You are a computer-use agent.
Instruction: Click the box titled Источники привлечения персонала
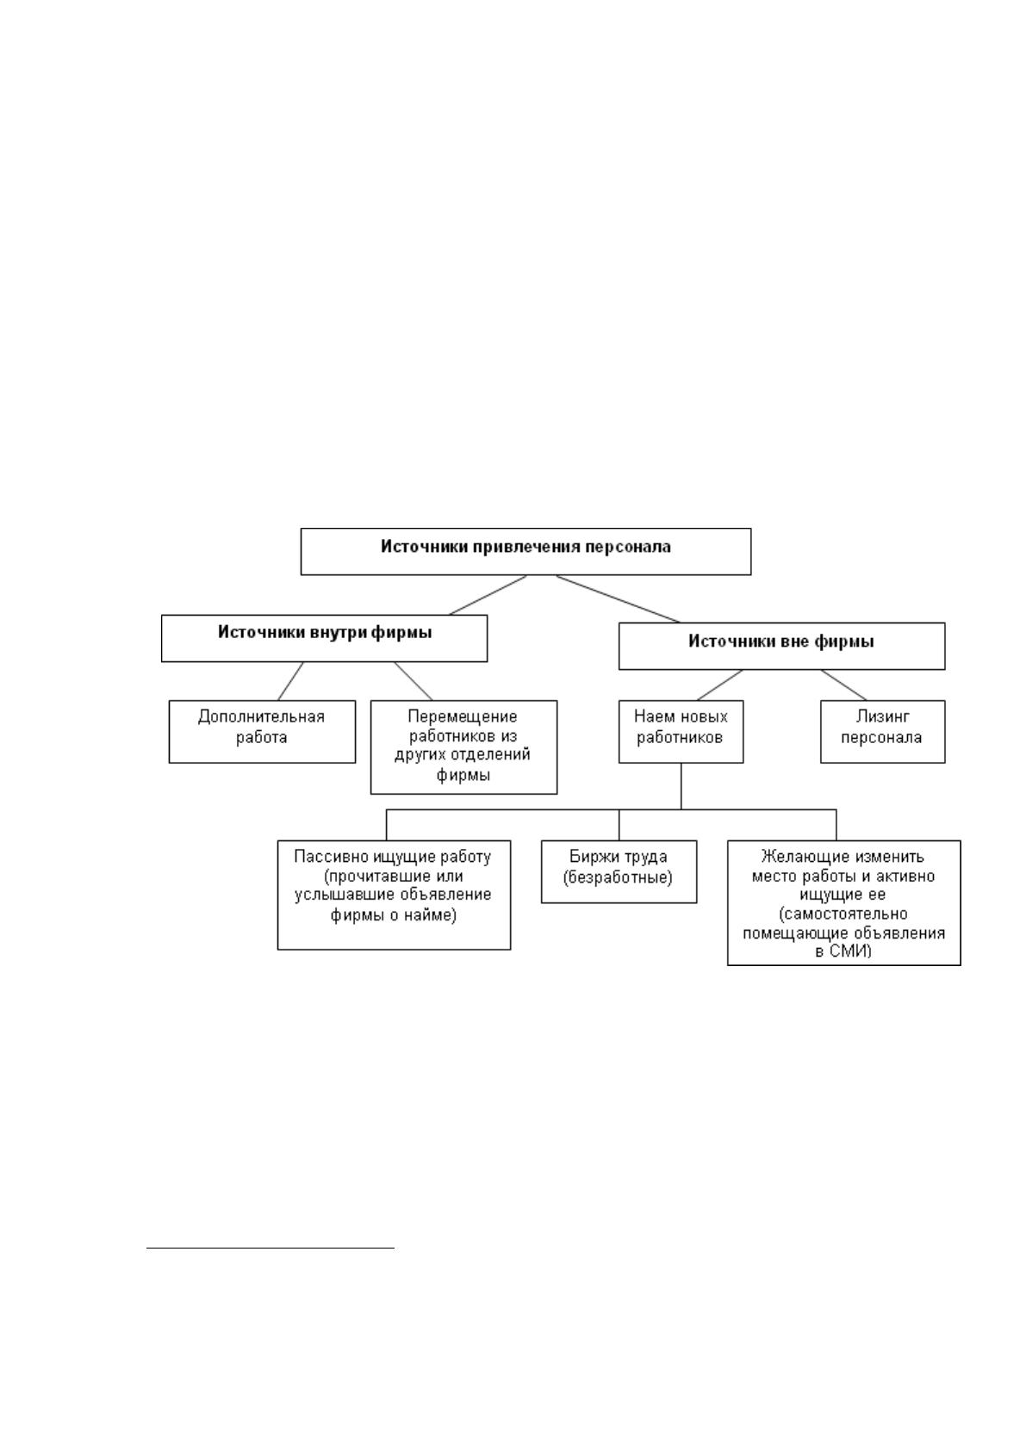[525, 551]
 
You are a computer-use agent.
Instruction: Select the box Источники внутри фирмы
[324, 638]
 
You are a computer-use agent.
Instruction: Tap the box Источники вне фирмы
[782, 646]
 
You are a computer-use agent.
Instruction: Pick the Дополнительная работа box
[262, 731]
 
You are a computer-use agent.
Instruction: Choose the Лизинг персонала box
[882, 731]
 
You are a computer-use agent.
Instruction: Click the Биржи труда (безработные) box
[619, 871]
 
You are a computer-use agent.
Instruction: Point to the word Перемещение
[463, 716]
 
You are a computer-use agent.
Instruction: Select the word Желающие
[800, 857]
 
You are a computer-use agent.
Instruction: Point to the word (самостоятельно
[843, 914]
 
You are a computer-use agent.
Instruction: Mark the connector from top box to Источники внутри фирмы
[488, 595]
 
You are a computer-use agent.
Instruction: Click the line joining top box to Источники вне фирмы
[618, 598]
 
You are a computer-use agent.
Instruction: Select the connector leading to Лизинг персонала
[843, 685]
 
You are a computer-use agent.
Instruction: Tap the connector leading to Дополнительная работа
[291, 681]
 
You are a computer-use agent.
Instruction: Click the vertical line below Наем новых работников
[681, 786]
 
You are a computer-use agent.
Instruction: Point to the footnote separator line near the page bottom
[270, 1246]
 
